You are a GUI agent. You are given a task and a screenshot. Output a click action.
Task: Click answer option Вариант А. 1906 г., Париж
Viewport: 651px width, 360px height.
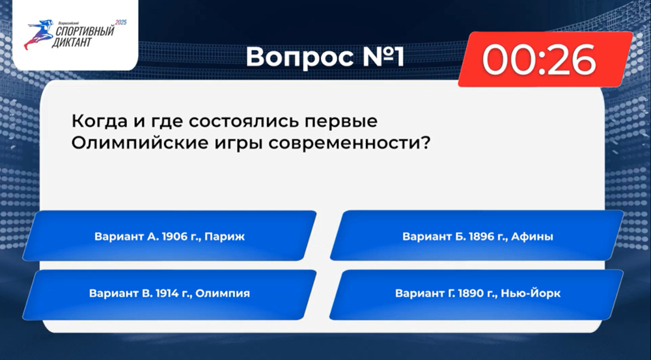169,236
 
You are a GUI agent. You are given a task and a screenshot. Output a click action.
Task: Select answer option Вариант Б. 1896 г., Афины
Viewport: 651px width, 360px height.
477,236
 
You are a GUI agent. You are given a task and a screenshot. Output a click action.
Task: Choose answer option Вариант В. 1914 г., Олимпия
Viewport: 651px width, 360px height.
169,294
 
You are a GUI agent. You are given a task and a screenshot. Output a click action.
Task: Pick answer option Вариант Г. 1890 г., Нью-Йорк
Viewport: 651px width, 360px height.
477,294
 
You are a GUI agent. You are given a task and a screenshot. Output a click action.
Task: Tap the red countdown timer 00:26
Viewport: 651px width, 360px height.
545,59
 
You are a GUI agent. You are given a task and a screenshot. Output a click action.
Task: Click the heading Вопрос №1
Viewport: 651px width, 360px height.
325,57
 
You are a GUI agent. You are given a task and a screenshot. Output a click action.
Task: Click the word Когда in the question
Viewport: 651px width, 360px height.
100,121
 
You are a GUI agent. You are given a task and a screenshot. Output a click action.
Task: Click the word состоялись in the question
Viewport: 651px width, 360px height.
244,121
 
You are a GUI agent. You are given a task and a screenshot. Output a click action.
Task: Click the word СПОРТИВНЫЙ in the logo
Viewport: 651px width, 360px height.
85,31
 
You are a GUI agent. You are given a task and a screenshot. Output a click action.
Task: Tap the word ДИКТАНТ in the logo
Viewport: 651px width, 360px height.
72,42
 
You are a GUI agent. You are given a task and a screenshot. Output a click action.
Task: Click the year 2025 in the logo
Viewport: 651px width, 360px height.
121,22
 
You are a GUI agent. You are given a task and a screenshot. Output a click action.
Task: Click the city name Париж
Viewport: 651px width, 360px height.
225,236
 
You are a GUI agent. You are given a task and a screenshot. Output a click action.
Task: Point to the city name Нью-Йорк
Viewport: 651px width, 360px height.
531,293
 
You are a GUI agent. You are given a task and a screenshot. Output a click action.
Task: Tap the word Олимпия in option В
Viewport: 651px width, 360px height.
223,294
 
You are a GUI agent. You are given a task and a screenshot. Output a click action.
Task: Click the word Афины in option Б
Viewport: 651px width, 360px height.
533,236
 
